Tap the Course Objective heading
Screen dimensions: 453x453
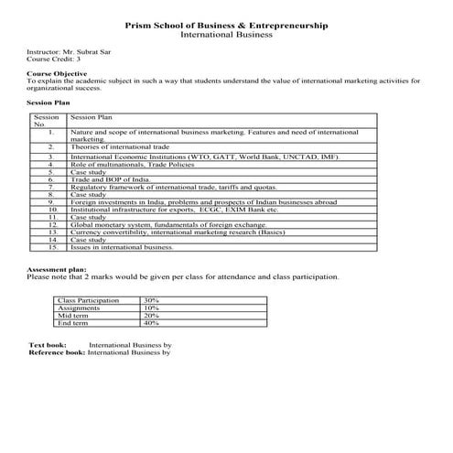pyautogui.click(x=58, y=73)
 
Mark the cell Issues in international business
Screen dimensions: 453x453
pyautogui.click(x=122, y=247)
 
